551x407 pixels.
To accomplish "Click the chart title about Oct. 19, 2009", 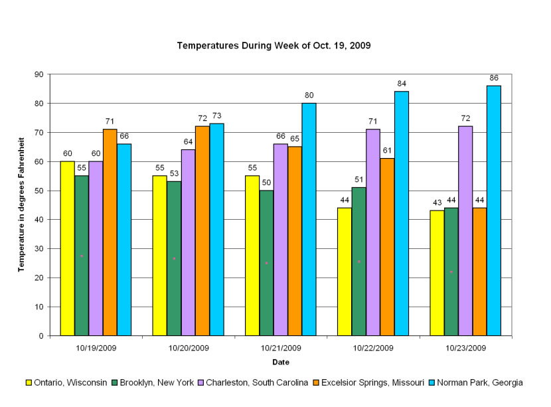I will coord(274,46).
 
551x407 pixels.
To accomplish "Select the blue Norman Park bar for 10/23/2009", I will coord(494,210).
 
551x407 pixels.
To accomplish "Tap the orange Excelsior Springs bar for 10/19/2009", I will coord(110,232).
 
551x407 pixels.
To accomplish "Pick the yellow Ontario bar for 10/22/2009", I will coord(344,272).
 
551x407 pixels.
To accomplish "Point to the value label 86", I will coord(494,78).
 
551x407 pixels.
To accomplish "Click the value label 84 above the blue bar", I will coord(402,84).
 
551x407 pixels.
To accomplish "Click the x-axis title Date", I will coord(280,363).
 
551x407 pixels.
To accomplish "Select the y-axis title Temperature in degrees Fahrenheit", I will coord(21,204).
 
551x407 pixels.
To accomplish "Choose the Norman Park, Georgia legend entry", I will coord(482,383).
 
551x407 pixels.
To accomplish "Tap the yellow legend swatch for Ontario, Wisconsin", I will coord(29,383).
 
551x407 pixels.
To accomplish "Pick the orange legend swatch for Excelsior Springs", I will coord(318,383).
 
